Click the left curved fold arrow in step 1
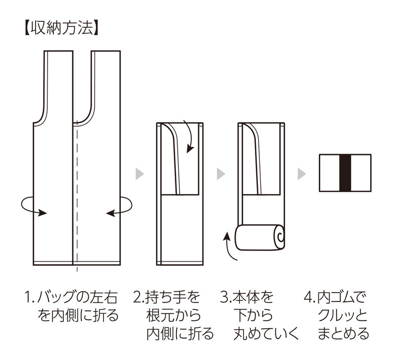pyautogui.click(x=35, y=205)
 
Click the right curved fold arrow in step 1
pyautogui.click(x=120, y=205)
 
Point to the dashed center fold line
pyautogui.click(x=76, y=198)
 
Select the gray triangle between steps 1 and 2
pyautogui.click(x=140, y=174)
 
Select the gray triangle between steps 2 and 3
pyautogui.click(x=221, y=174)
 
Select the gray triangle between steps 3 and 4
pyautogui.click(x=302, y=174)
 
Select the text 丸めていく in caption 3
pyautogui.click(x=266, y=333)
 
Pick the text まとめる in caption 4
pyautogui.click(x=345, y=333)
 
